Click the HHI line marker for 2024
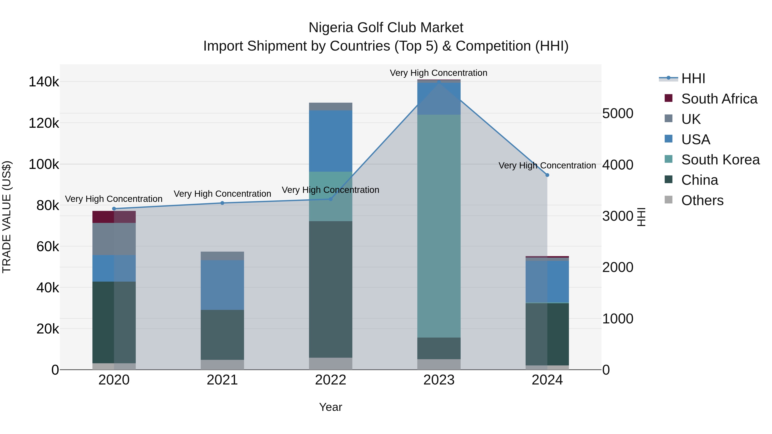click(547, 175)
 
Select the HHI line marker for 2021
click(222, 203)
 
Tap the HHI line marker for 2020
click(114, 209)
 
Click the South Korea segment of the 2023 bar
click(439, 226)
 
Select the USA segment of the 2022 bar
click(330, 141)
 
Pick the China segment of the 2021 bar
click(222, 335)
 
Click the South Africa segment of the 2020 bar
click(114, 217)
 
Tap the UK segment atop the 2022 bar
click(330, 106)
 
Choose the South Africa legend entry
click(719, 99)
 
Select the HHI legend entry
click(693, 78)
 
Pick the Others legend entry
click(702, 200)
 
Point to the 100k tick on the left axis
click(44, 164)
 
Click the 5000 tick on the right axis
click(618, 114)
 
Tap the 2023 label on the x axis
click(439, 380)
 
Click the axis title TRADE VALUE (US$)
click(7, 217)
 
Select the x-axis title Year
click(330, 407)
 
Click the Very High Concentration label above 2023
click(439, 73)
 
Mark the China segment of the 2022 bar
click(330, 289)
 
